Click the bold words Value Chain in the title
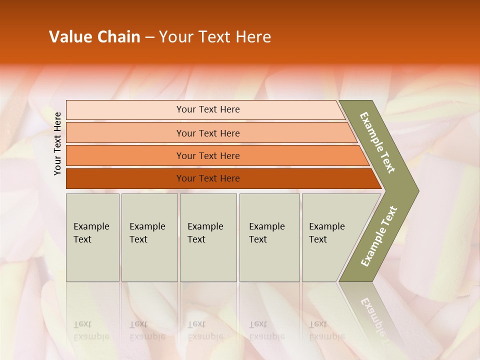94,37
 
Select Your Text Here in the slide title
215,37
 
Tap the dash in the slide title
149,37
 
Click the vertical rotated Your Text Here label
57,143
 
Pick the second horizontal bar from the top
208,133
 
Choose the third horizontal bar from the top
208,155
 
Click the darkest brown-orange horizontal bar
208,178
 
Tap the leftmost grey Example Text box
92,237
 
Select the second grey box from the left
149,237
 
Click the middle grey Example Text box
208,237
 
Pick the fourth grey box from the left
269,237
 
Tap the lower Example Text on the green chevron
379,236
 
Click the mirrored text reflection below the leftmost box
91,330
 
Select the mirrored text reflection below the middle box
205,330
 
